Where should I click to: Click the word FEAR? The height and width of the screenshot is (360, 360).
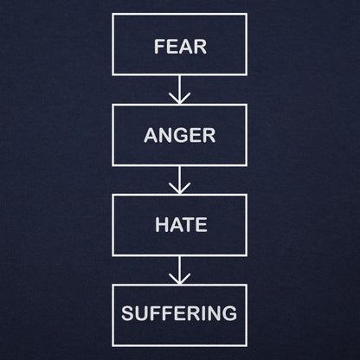(x=181, y=46)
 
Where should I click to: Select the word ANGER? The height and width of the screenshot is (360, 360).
(x=180, y=135)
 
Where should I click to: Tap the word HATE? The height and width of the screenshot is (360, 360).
(x=181, y=224)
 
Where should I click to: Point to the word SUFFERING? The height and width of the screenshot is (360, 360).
(x=179, y=313)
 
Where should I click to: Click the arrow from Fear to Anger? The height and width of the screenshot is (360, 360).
(x=179, y=90)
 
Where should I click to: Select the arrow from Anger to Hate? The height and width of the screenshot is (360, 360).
(x=179, y=180)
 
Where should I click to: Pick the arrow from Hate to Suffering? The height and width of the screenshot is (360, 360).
(x=179, y=270)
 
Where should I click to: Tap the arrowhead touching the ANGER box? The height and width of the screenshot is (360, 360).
(x=179, y=99)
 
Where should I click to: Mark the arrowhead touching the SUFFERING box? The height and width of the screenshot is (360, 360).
(x=179, y=279)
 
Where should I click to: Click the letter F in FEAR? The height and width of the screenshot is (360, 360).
(x=159, y=46)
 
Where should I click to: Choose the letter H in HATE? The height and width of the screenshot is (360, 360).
(x=162, y=224)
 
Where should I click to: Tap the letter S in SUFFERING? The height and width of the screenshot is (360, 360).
(x=127, y=313)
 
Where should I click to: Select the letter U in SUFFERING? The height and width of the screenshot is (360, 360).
(x=142, y=313)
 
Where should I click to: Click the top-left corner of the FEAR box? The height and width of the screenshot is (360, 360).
(x=112, y=14)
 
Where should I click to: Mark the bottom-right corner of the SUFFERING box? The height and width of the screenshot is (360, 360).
(x=247, y=345)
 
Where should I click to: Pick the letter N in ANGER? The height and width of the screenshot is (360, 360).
(x=164, y=135)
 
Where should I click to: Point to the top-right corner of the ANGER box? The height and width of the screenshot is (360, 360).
(x=247, y=105)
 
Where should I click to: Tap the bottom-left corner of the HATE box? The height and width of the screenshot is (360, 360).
(x=112, y=255)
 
